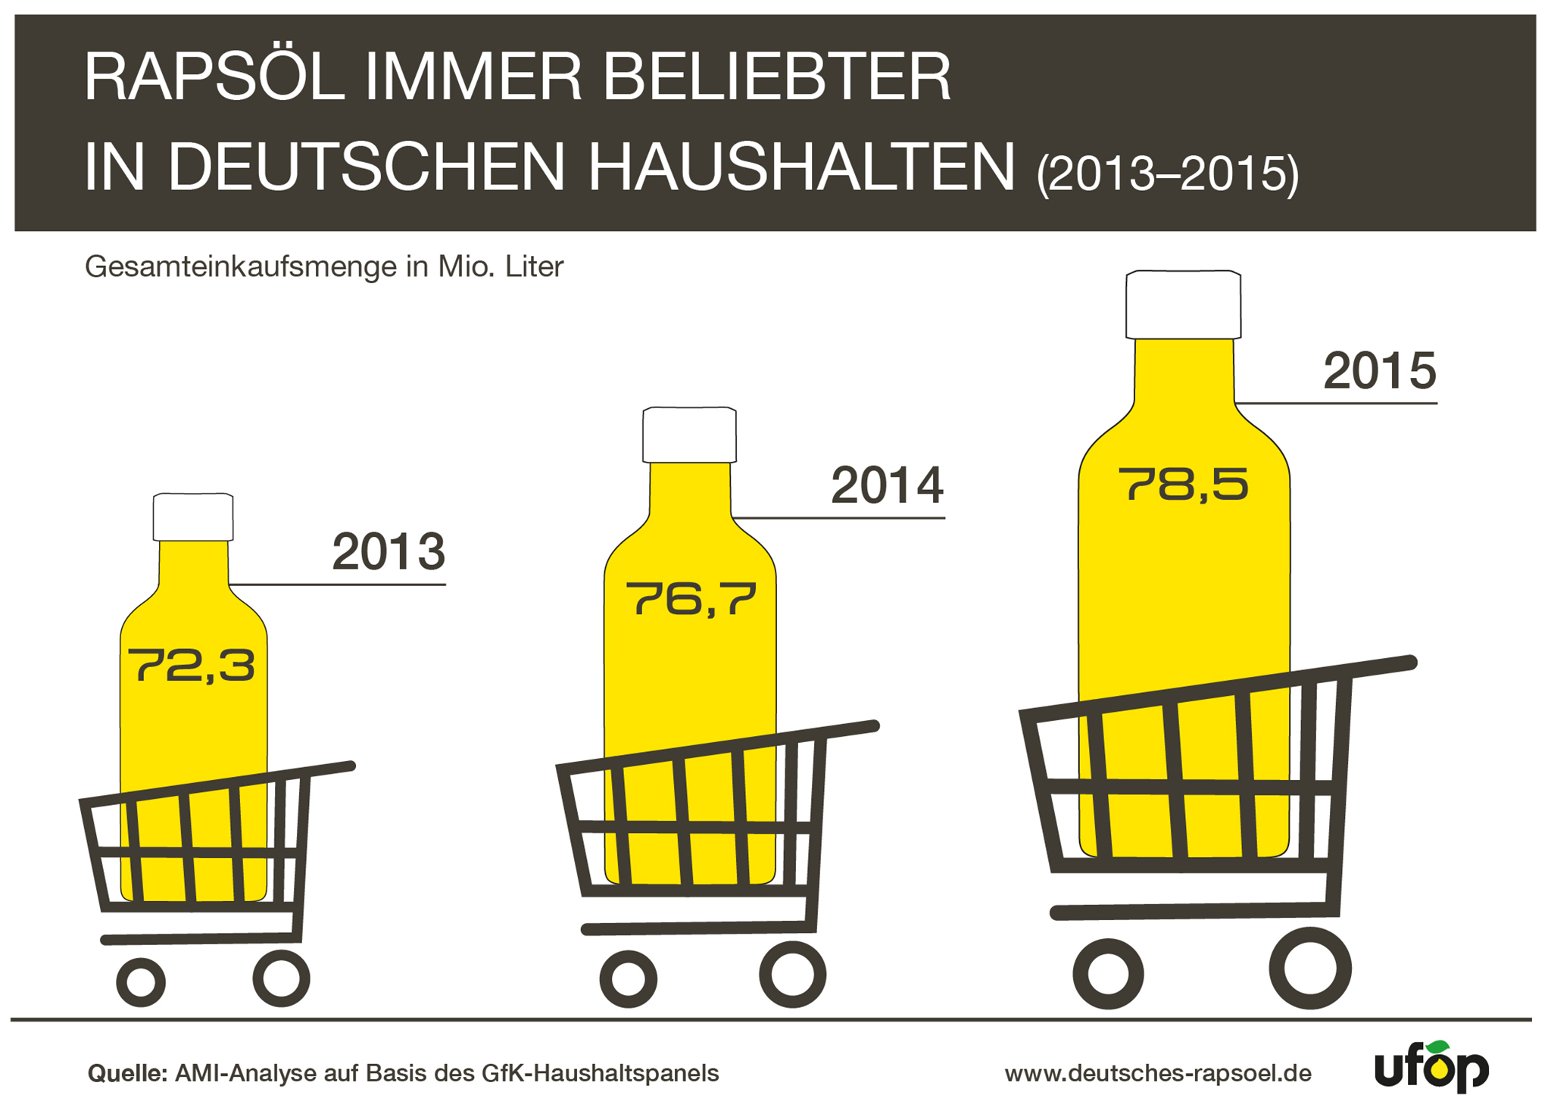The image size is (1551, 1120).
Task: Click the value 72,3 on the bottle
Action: pos(191,666)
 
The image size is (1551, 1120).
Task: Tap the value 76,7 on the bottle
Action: pos(691,598)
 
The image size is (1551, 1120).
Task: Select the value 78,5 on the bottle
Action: pos(1183,485)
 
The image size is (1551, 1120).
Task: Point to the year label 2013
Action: pos(389,552)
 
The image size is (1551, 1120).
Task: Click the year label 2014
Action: pos(887,485)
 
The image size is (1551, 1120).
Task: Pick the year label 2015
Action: pos(1379,371)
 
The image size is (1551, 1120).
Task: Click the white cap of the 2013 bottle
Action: pos(193,517)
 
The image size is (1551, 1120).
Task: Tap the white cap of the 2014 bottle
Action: pos(689,435)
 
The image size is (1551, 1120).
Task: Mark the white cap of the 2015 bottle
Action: pos(1183,304)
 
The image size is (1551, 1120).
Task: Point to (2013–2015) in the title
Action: pos(1167,174)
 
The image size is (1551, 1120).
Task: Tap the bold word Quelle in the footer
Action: pos(126,1073)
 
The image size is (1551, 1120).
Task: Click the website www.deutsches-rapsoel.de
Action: pos(1158,1073)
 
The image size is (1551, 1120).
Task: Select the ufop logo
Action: pos(1431,1067)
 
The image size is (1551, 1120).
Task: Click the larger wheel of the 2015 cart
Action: pos(1309,968)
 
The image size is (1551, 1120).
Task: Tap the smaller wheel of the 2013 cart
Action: pos(141,982)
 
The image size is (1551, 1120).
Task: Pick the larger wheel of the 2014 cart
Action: pos(792,974)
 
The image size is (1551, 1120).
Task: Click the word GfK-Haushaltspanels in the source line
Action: pos(600,1073)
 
